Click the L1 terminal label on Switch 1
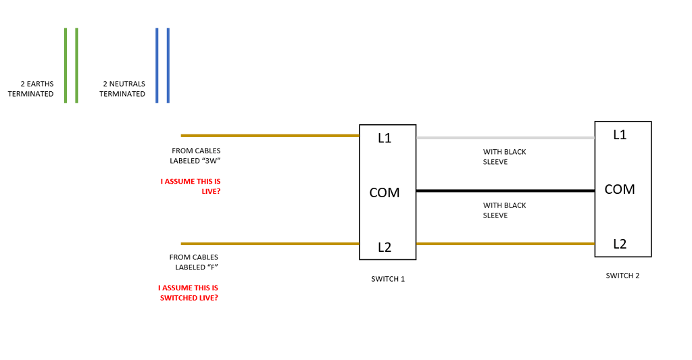pyautogui.click(x=385, y=138)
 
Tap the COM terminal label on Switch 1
pyautogui.click(x=385, y=192)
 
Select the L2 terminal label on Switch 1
pyautogui.click(x=385, y=247)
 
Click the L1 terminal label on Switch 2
pyautogui.click(x=620, y=135)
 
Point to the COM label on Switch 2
pyautogui.click(x=620, y=189)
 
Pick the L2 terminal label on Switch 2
pyautogui.click(x=620, y=244)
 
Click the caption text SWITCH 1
pyautogui.click(x=388, y=279)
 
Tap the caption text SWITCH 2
pyautogui.click(x=622, y=276)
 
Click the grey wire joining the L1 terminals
pyautogui.click(x=505, y=138)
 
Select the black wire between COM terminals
pyautogui.click(x=505, y=191)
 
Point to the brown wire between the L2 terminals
pyautogui.click(x=505, y=244)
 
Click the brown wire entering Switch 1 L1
pyautogui.click(x=270, y=136)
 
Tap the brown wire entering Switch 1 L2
pyautogui.click(x=270, y=244)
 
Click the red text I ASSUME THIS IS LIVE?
pyautogui.click(x=191, y=186)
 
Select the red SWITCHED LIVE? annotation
pyautogui.click(x=189, y=292)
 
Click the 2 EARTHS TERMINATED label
pyautogui.click(x=30, y=89)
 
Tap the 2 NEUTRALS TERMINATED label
pyautogui.click(x=122, y=89)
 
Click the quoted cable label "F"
pyautogui.click(x=213, y=267)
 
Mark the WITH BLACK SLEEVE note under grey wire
pyautogui.click(x=504, y=157)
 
